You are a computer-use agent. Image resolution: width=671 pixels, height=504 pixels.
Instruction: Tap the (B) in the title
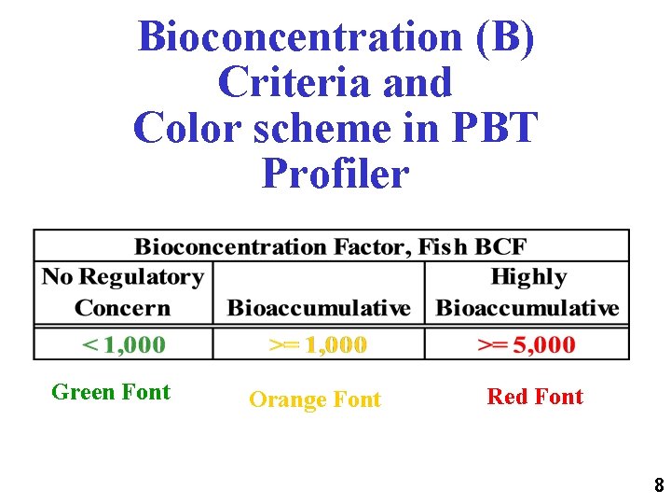[x=504, y=37]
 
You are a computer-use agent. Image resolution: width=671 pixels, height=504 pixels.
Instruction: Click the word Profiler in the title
[x=335, y=173]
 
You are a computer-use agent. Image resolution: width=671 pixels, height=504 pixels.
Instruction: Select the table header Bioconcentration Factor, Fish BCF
[x=331, y=247]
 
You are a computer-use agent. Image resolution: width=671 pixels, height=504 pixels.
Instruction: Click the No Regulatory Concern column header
[x=122, y=292]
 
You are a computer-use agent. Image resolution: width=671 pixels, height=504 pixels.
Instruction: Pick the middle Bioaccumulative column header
[x=319, y=308]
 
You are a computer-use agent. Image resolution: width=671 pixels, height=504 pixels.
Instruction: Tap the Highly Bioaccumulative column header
[x=527, y=292]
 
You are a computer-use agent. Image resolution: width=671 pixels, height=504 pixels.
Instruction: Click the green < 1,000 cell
[x=124, y=344]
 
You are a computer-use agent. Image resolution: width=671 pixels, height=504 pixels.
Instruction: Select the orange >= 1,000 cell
[x=318, y=344]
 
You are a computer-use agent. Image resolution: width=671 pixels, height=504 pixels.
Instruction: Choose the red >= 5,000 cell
[x=527, y=344]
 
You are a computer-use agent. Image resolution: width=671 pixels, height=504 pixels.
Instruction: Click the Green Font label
[x=111, y=392]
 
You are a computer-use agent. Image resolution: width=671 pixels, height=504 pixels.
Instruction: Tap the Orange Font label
[x=315, y=399]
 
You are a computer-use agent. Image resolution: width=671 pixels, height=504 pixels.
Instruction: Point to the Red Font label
[x=535, y=397]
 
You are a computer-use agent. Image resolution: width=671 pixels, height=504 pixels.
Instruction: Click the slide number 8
[x=659, y=485]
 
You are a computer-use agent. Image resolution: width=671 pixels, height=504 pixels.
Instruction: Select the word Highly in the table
[x=528, y=277]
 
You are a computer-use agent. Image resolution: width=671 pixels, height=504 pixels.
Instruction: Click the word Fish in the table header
[x=441, y=247]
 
